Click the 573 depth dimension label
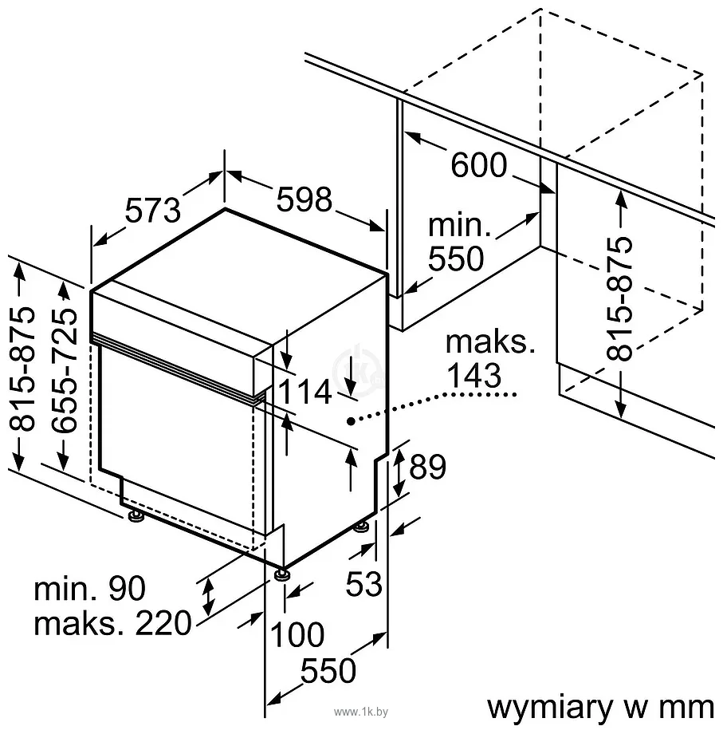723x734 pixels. tap(154, 210)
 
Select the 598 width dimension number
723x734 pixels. tap(304, 199)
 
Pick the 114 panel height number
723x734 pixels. tap(304, 392)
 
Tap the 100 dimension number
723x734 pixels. tap(297, 635)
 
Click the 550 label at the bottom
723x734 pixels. tap(328, 671)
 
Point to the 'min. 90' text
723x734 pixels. tap(90, 589)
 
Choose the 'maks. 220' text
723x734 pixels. tap(112, 623)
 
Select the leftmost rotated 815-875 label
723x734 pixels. tap(26, 369)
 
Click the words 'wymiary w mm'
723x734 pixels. tap(599, 707)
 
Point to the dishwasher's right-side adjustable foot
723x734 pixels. tap(363, 527)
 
